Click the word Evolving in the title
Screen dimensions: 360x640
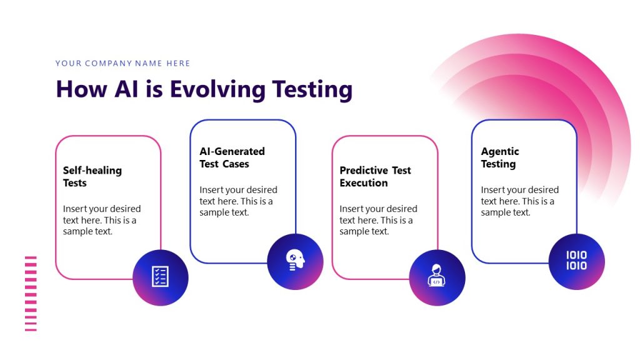217,89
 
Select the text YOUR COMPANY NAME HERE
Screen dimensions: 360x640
122,63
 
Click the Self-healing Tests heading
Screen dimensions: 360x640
92,176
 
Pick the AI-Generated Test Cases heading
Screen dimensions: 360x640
232,157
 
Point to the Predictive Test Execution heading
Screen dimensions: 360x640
375,176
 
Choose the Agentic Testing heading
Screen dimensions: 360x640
499,157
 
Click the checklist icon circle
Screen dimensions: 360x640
161,277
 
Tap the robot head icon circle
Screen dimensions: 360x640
295,261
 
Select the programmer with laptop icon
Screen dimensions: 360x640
437,277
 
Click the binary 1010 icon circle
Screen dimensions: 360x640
576,261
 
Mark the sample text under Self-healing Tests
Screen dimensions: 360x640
101,220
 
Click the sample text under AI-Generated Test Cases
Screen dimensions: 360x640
238,201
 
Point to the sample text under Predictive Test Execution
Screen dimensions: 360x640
378,220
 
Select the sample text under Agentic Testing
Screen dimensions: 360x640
519,201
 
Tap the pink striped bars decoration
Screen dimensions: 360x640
31,293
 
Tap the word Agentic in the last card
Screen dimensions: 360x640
500,151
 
